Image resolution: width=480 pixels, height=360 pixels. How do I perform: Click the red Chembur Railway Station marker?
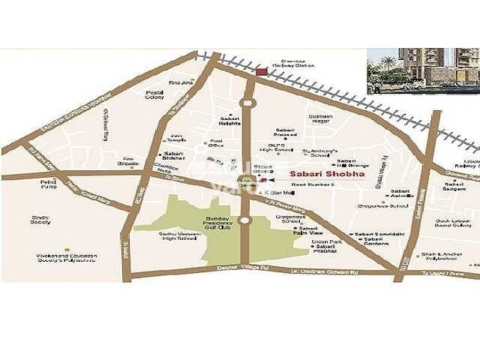coord(261,71)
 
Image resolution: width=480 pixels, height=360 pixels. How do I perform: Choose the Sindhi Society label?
coord(40,220)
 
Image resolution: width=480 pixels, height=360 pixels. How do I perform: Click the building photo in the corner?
coord(422,70)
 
